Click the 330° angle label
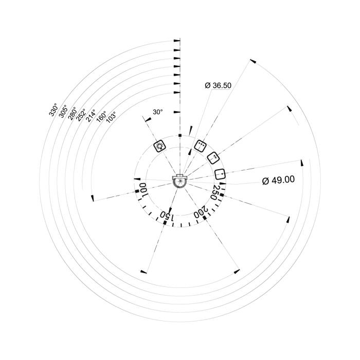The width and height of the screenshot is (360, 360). [53, 110]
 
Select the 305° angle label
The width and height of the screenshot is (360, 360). [63, 111]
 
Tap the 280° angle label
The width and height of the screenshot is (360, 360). [72, 113]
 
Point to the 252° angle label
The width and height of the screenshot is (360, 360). [81, 115]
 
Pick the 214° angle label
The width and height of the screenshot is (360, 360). [91, 116]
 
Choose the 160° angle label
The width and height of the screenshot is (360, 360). [101, 117]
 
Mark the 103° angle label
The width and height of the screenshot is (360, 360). [111, 117]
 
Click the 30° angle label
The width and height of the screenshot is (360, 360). [158, 112]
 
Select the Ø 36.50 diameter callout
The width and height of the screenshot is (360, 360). [218, 85]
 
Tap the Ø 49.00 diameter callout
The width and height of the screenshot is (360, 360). [278, 180]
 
